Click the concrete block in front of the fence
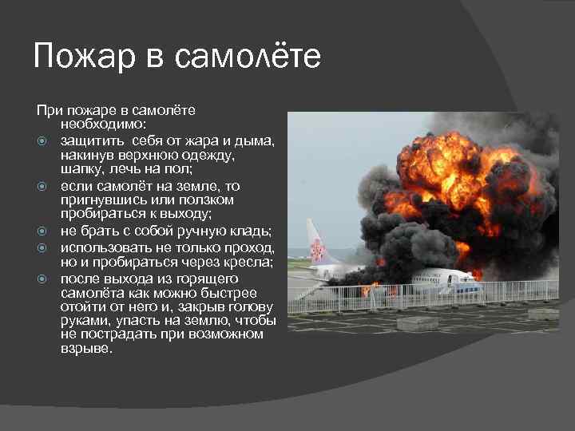(x=417, y=324)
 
